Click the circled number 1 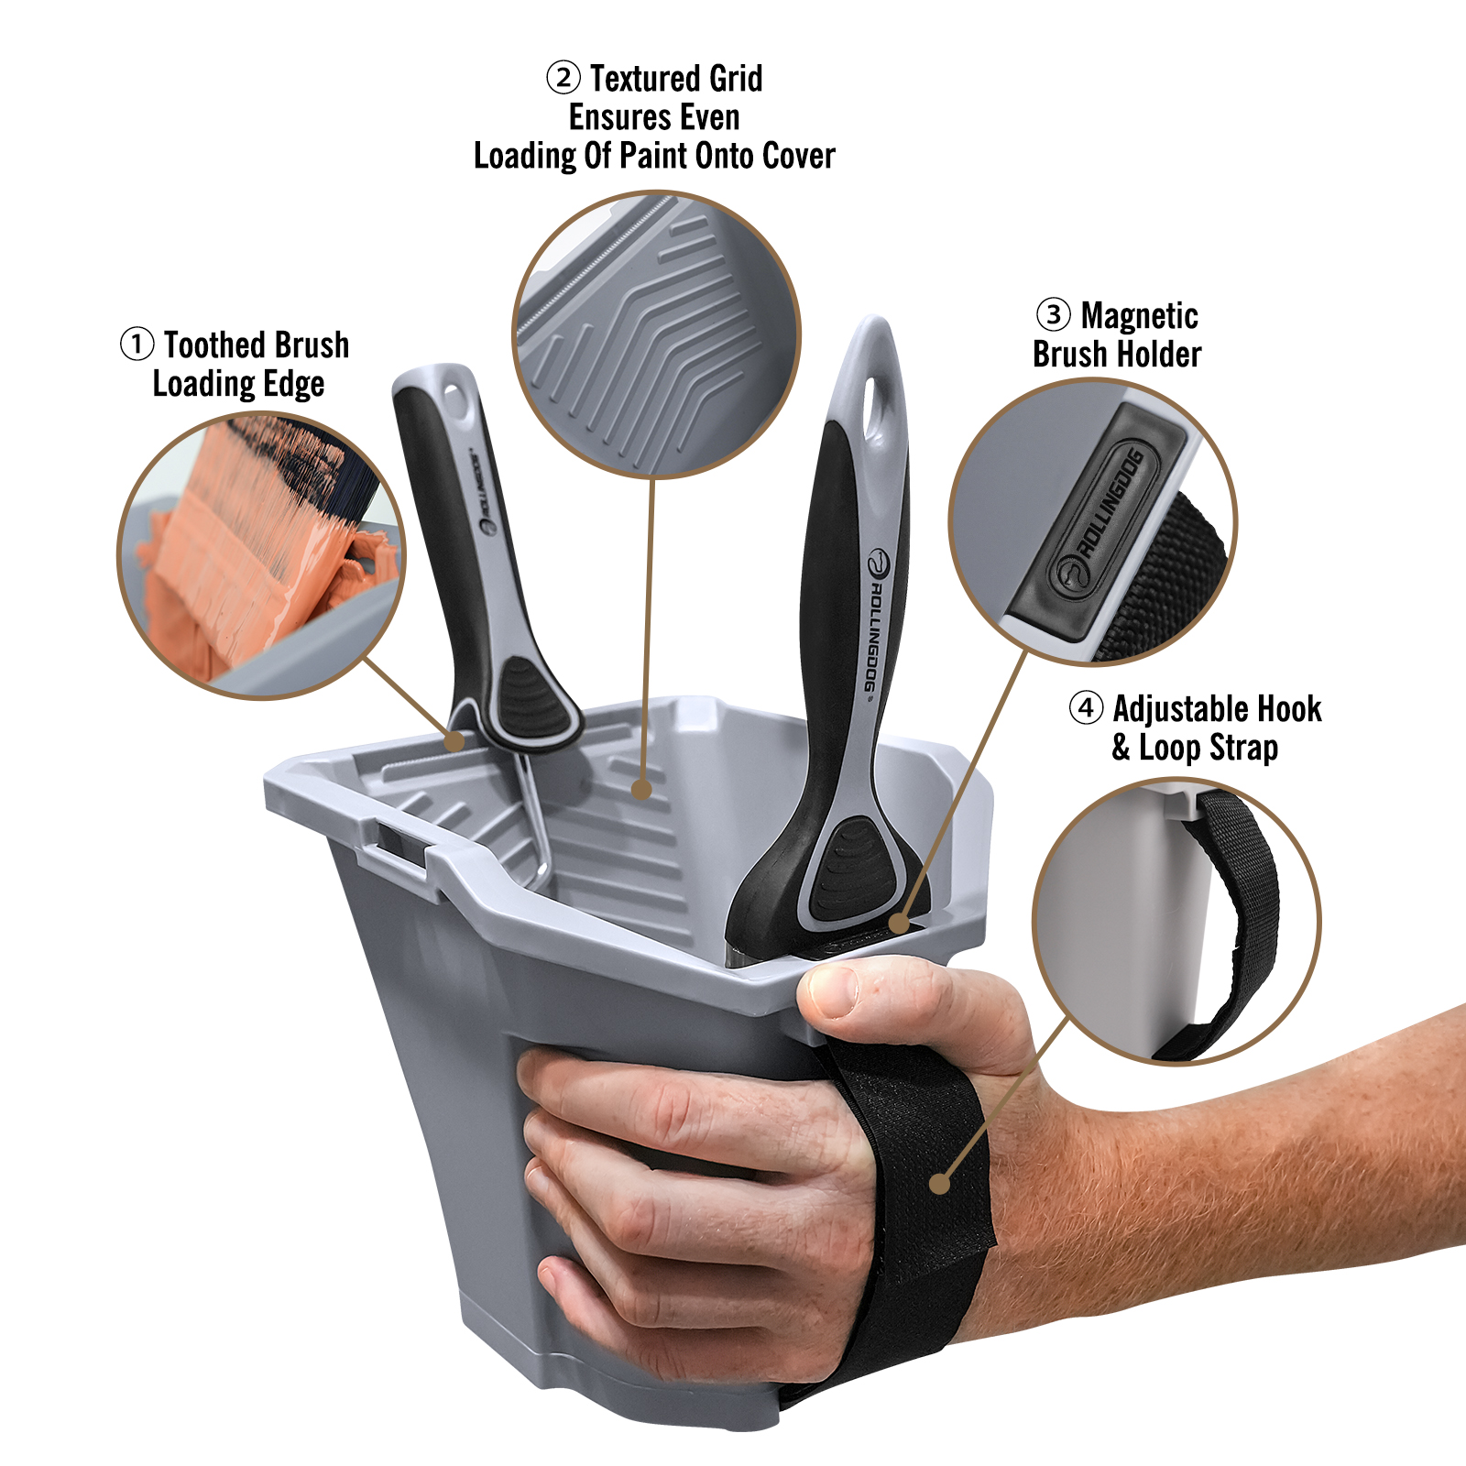tap(137, 345)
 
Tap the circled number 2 tap(563, 78)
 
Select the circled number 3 tap(1054, 314)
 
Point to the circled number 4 tap(1086, 707)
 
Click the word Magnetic tap(1140, 316)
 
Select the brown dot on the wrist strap tap(939, 1183)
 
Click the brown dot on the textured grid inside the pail tap(641, 789)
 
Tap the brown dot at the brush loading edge tap(454, 740)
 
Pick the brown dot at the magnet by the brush tap(901, 923)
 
